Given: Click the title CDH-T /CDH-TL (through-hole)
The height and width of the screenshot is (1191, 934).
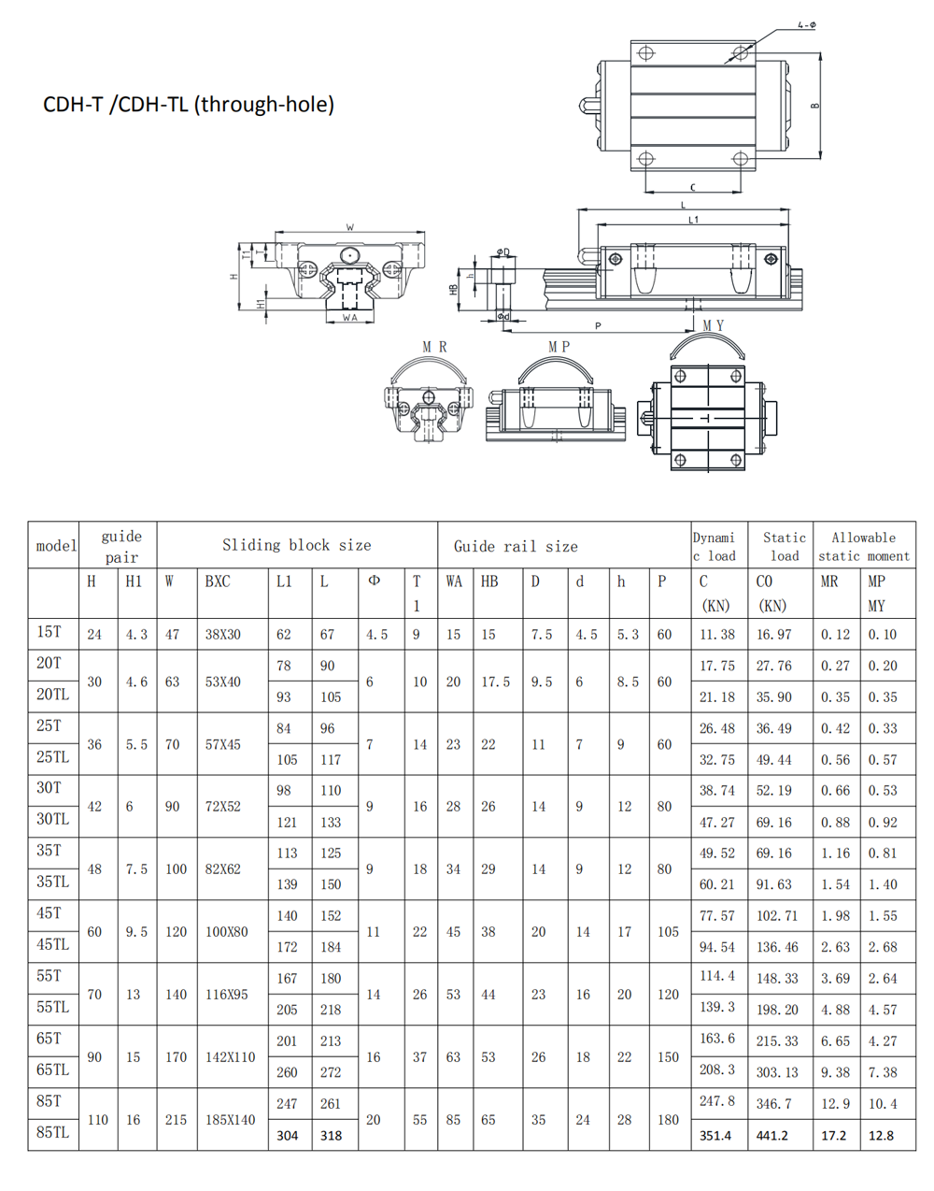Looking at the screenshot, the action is pos(189,104).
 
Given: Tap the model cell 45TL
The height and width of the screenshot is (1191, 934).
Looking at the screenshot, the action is pos(52,944).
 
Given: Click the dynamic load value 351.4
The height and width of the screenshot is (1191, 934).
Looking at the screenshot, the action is pos(715,1136).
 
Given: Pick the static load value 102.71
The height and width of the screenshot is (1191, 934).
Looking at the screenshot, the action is pos(777,916).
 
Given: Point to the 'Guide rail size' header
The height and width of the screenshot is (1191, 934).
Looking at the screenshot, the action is pos(516,547).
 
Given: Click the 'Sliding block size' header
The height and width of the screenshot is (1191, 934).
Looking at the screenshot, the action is pos(297,545).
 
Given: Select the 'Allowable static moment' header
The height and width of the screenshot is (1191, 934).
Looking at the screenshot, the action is pos(864,547).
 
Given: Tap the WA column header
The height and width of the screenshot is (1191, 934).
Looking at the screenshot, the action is pos(454,581).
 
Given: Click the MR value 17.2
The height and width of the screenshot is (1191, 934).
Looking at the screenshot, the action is pos(834,1136).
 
